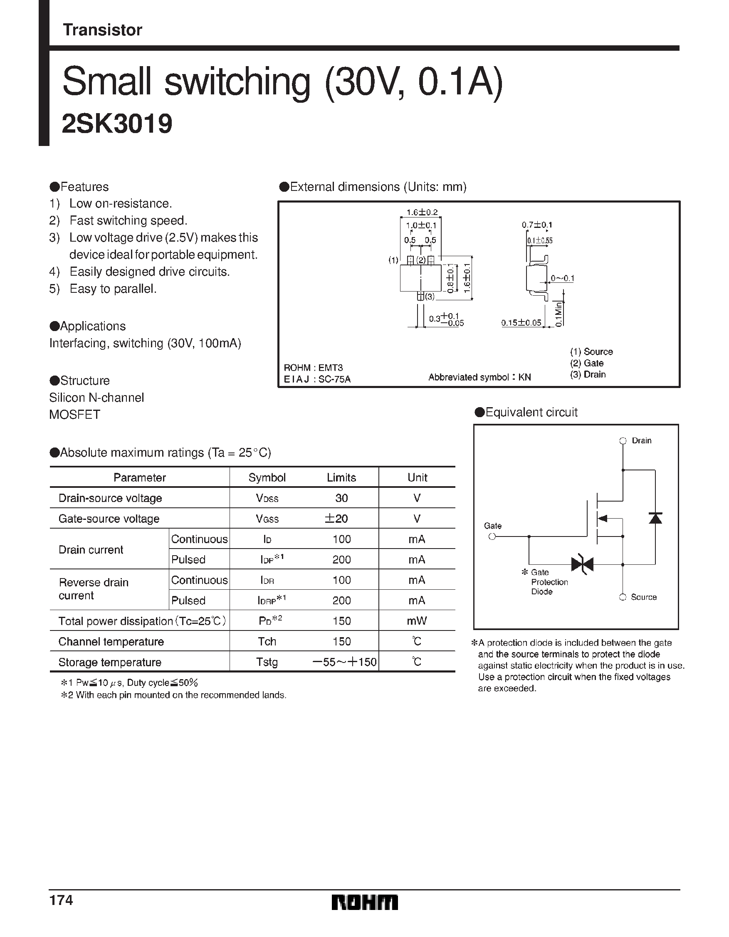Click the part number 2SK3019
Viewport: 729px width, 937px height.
117,124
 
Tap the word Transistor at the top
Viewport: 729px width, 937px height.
102,30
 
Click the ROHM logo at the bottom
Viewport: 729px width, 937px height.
364,902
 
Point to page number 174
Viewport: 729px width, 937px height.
62,900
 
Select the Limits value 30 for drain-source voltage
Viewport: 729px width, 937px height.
341,498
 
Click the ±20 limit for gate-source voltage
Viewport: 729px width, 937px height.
336,519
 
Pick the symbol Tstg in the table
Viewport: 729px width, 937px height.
267,662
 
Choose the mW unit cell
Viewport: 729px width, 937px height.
417,621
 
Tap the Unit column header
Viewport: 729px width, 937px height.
417,477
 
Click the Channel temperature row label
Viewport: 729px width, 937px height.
111,641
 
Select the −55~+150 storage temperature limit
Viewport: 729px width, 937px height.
345,662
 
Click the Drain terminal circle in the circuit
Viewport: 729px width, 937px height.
623,440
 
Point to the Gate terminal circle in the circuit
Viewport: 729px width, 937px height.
492,536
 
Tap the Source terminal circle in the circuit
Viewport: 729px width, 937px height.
623,597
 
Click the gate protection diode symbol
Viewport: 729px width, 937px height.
582,564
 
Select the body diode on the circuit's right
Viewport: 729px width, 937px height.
655,518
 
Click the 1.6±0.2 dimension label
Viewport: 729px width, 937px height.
422,213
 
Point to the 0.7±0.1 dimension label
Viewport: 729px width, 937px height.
537,225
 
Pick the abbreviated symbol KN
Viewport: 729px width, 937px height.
524,377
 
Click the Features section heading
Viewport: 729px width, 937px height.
84,187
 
